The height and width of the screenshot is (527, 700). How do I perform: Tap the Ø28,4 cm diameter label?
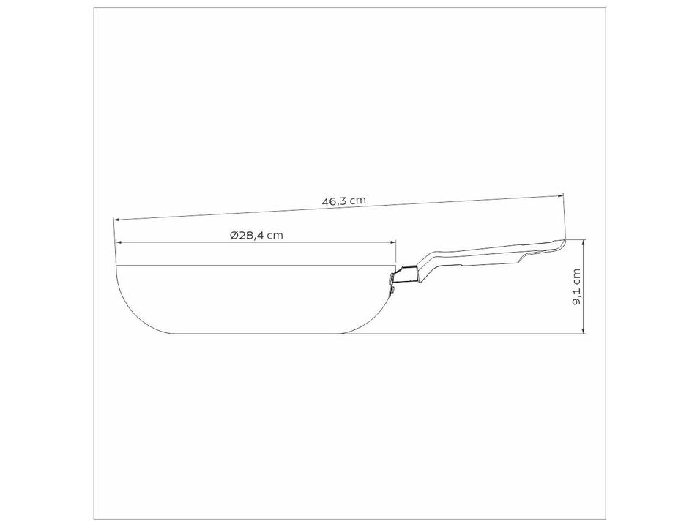[256, 235]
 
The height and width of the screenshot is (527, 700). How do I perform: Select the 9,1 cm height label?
[577, 288]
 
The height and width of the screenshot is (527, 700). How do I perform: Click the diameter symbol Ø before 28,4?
[232, 235]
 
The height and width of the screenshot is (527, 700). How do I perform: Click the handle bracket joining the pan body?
[403, 276]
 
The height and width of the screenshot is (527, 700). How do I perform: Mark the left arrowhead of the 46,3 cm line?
[116, 220]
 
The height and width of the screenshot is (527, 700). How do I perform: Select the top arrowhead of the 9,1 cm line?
[584, 242]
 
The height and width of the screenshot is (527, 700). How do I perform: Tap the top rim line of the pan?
[256, 265]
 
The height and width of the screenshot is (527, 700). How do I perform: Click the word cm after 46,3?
[356, 201]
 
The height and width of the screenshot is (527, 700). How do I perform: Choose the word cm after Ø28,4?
[275, 235]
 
